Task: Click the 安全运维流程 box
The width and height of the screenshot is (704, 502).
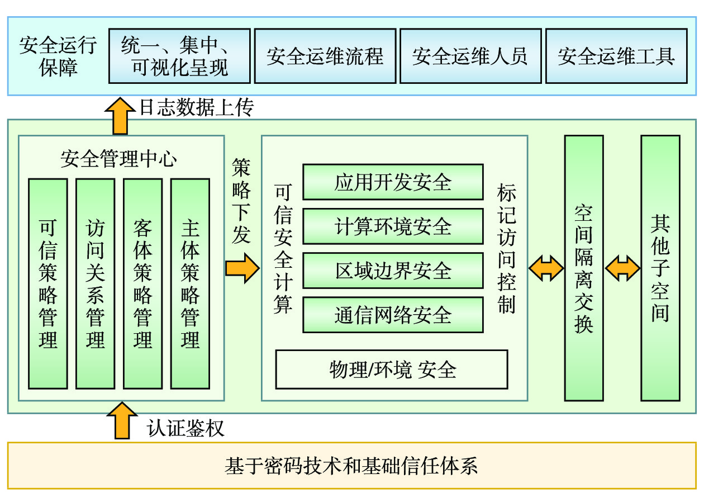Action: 325,56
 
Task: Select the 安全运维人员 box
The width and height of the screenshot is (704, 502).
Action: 470,56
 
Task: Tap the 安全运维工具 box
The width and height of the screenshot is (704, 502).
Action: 616,56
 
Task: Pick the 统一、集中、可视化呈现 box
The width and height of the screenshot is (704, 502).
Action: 179,56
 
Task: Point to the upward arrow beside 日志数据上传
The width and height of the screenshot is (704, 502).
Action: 120,116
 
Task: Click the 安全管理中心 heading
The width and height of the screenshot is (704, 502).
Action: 118,159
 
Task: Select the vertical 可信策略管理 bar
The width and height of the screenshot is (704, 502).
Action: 48,283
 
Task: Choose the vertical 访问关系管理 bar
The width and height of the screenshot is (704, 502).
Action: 96,283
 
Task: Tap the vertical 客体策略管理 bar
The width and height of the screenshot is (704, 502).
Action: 143,283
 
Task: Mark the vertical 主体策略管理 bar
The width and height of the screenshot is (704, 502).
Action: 191,283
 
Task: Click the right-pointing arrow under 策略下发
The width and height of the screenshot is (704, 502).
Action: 242,268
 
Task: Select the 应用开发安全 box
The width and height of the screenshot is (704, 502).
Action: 393,182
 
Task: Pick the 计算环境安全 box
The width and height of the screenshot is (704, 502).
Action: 393,226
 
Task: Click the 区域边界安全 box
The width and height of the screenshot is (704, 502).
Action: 393,271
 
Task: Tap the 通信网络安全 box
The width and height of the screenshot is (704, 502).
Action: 393,315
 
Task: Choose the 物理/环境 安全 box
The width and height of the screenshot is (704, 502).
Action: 392,370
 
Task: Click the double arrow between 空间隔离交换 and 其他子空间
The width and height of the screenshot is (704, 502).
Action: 622,268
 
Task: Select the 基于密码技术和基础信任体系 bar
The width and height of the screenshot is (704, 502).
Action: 351,466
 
